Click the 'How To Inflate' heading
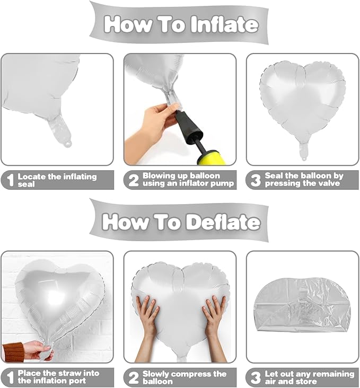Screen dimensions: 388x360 pyautogui.click(x=181, y=24)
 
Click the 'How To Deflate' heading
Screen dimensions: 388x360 pyautogui.click(x=181, y=221)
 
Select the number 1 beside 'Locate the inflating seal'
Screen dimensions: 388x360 pyautogui.click(x=8, y=181)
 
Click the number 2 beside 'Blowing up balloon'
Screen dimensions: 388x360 pyautogui.click(x=131, y=181)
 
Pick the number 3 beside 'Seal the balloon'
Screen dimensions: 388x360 pyautogui.click(x=255, y=181)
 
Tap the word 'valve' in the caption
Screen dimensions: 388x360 pyautogui.click(x=327, y=184)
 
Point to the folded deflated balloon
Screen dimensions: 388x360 pyautogui.click(x=302, y=304)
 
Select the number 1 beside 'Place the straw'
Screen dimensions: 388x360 pyautogui.click(x=8, y=377)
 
